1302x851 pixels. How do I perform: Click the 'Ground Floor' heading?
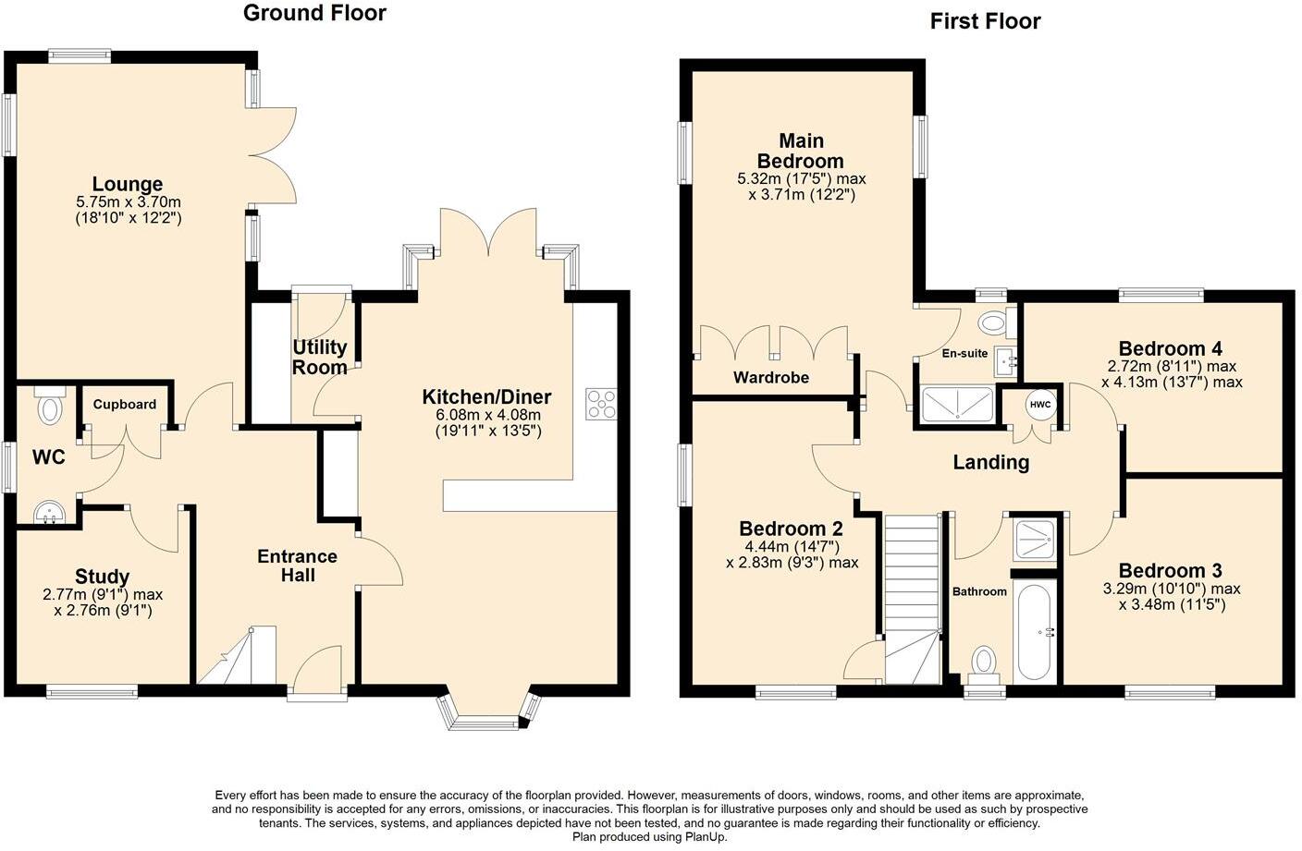[x=314, y=13]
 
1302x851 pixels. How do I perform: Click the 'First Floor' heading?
[x=985, y=21]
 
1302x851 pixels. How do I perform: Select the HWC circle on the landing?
[x=1040, y=406]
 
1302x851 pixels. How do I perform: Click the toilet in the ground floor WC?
[x=50, y=407]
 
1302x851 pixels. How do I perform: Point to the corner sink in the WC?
[x=44, y=512]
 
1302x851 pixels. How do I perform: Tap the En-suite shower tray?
[x=958, y=405]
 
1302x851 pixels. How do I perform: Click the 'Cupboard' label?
[x=124, y=405]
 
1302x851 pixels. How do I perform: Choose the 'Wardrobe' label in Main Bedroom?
[x=771, y=378]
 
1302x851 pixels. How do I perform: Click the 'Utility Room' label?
[x=320, y=358]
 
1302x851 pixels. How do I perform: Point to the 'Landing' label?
[x=991, y=462]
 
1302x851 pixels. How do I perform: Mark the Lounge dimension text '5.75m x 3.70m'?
[x=129, y=202]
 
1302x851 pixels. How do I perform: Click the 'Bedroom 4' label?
[x=1171, y=348]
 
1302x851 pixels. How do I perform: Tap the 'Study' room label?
[x=102, y=577]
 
